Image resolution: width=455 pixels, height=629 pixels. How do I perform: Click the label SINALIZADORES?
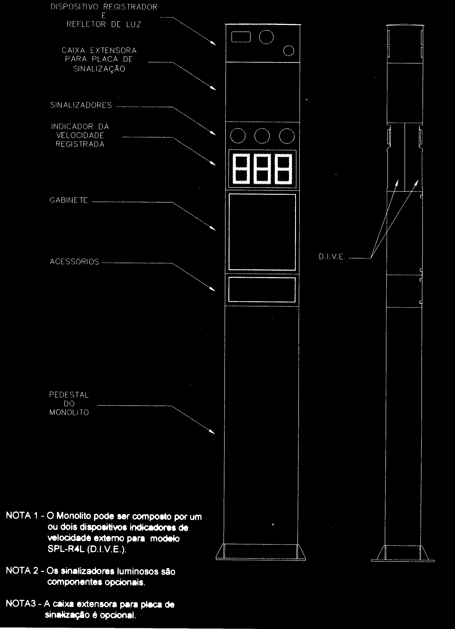point(81,105)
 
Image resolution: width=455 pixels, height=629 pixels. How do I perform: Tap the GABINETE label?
point(69,200)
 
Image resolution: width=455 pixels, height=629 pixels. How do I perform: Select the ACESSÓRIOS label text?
point(74,262)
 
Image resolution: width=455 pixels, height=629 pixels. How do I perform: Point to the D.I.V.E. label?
point(331,257)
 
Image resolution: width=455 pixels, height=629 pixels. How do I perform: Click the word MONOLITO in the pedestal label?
point(69,412)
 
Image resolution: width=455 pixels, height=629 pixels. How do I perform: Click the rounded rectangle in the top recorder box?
point(241,37)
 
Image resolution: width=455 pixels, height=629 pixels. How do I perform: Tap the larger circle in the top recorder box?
point(266,37)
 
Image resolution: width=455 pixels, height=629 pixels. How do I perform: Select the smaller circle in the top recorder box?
point(289,50)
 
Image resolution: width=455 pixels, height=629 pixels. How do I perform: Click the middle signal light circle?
point(262,136)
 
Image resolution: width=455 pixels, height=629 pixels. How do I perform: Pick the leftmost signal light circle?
point(238,136)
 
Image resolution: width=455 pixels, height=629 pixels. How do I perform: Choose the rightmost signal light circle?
point(287,136)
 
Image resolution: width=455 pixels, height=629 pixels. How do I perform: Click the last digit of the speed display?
point(283,169)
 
